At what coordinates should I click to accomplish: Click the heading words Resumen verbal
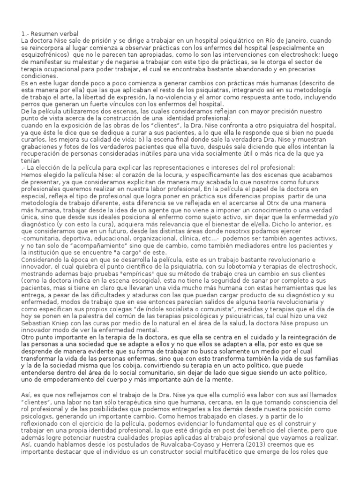[x=56, y=33]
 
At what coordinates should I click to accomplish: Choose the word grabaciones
[x=41, y=146]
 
